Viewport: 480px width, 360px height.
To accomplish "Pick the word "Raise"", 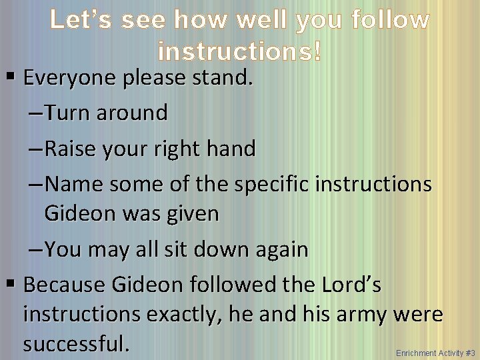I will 73,149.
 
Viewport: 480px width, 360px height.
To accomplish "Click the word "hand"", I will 233,149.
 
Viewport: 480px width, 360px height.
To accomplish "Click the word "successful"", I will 75,344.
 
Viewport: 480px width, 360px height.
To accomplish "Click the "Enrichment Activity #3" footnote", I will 435,353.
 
